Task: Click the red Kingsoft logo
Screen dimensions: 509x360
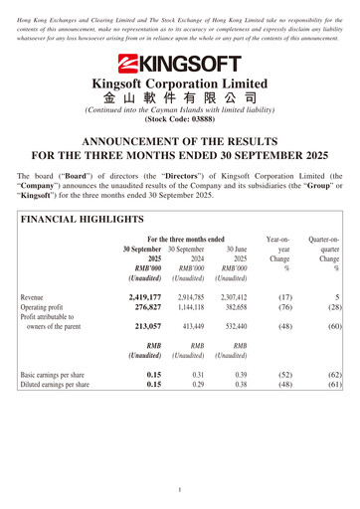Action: (179, 65)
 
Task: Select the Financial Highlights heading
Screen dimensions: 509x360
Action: (83, 219)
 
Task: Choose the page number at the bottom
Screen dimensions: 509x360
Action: (180, 490)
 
